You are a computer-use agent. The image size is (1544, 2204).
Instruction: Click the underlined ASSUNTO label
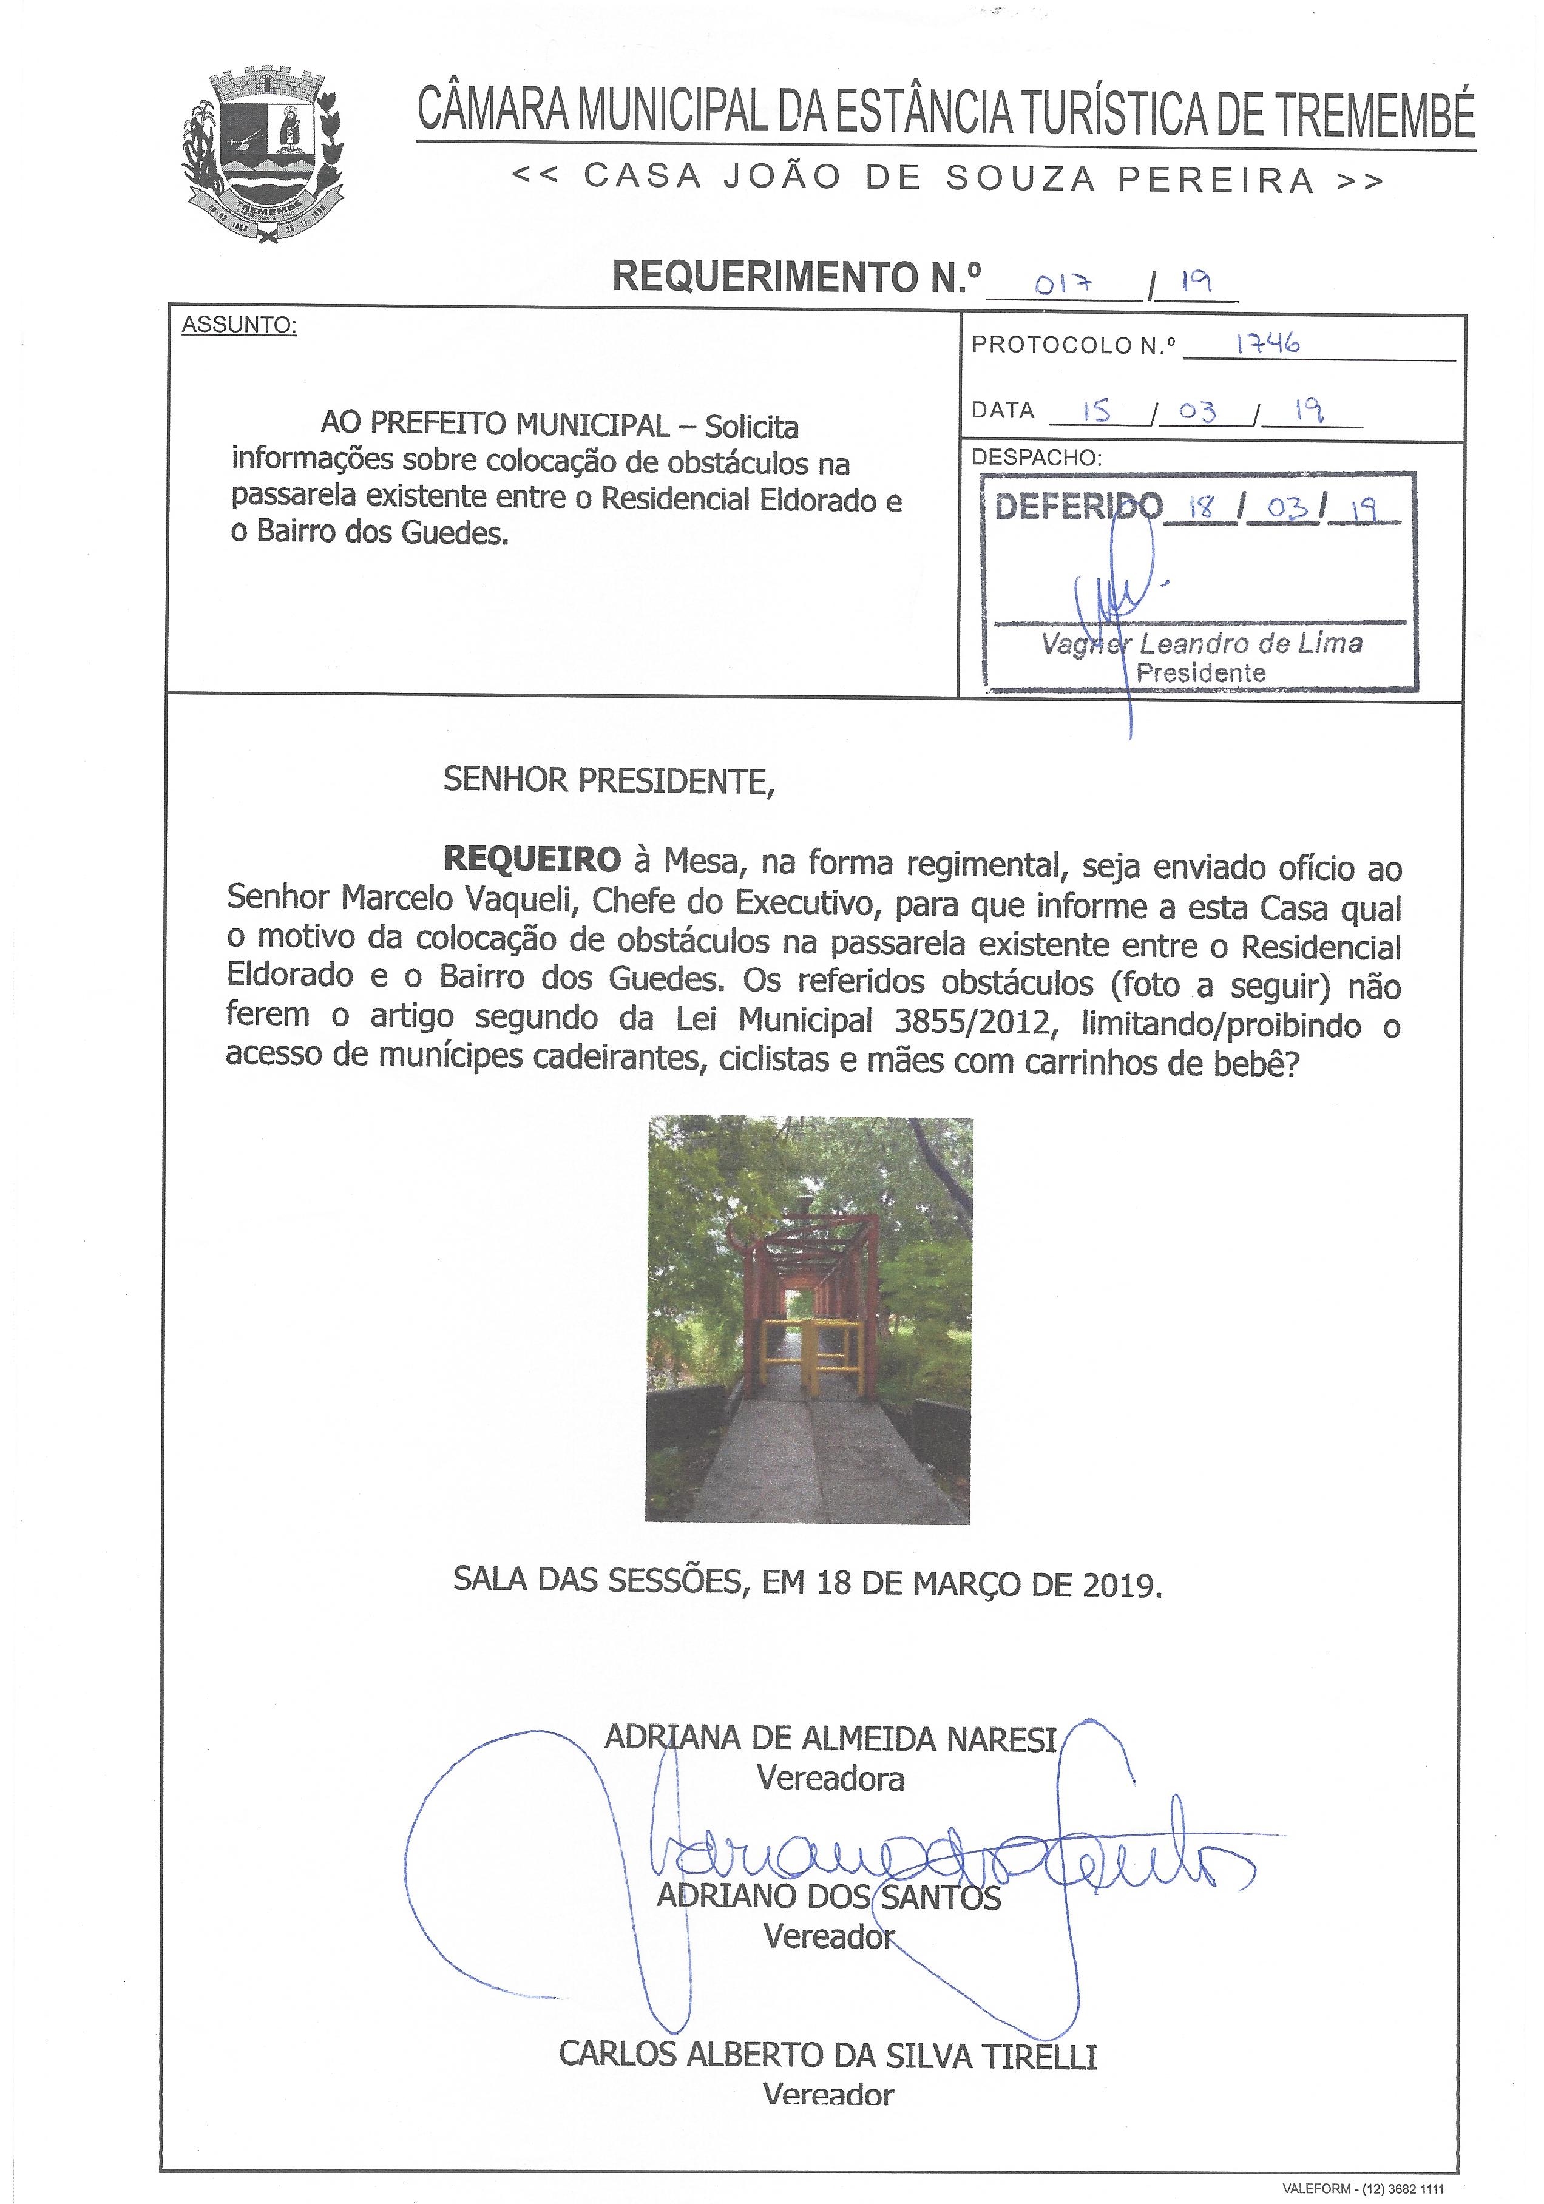point(239,325)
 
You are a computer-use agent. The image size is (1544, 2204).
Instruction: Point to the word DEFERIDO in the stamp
point(1077,506)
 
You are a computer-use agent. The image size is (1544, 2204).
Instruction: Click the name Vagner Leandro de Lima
point(1201,644)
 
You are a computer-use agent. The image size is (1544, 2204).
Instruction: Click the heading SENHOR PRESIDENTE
point(608,780)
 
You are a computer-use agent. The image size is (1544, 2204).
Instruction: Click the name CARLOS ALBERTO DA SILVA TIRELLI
point(828,2055)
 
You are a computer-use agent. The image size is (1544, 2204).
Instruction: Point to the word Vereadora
point(830,1779)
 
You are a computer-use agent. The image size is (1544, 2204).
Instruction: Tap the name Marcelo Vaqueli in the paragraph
point(461,899)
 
